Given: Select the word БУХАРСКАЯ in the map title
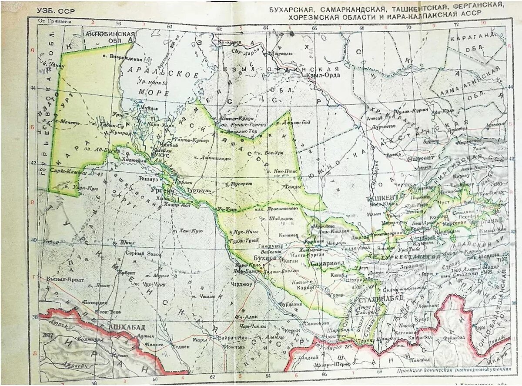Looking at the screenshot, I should pyautogui.click(x=293, y=9).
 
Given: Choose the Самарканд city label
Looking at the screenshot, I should pyautogui.click(x=328, y=263).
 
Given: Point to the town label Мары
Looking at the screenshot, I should pyautogui.click(x=200, y=340).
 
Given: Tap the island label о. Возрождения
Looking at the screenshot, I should pyautogui.click(x=120, y=57).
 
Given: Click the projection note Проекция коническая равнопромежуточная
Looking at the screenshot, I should pyautogui.click(x=454, y=370).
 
